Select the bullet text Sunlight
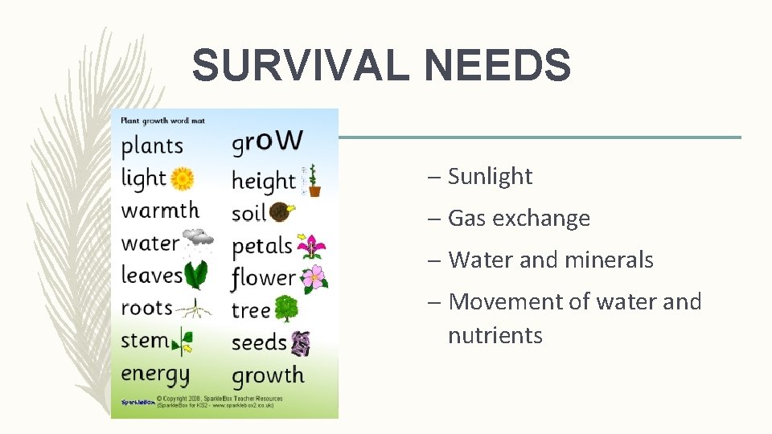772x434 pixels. [x=490, y=176]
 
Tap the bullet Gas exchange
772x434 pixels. [x=519, y=218]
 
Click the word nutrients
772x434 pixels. [x=495, y=335]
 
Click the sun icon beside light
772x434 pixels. [x=183, y=178]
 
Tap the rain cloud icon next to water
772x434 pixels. [x=198, y=239]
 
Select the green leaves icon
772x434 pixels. [x=196, y=275]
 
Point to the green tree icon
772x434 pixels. [x=286, y=309]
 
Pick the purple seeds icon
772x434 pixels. [x=301, y=343]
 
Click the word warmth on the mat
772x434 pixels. [x=160, y=211]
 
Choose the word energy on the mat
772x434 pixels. [x=155, y=375]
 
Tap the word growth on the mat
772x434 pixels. [x=268, y=375]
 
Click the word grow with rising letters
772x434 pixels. [x=267, y=141]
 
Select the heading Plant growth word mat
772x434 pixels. [x=162, y=121]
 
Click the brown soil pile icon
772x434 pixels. [x=281, y=213]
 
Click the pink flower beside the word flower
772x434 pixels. [x=314, y=278]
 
